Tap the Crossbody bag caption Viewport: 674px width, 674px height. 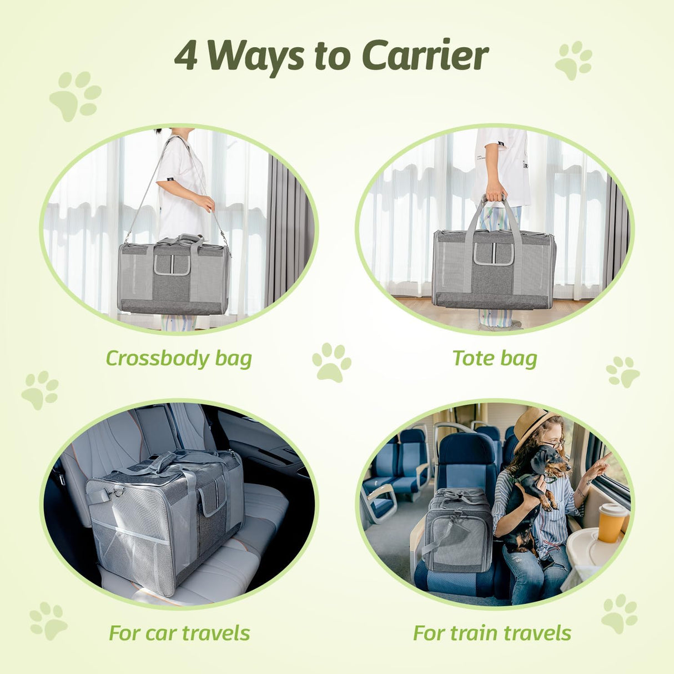pos(179,358)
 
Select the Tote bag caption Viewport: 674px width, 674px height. pos(495,358)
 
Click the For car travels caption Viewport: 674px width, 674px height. pos(179,632)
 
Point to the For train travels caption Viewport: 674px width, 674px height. pos(492,632)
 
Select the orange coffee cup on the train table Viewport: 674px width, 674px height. pos(611,522)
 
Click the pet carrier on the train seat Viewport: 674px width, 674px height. pos(456,530)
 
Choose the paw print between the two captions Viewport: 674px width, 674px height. pos(331,363)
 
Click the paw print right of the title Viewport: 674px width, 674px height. pos(574,60)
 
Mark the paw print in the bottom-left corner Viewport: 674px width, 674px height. pos(48,621)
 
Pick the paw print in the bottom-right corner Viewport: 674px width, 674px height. pos(620,613)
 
